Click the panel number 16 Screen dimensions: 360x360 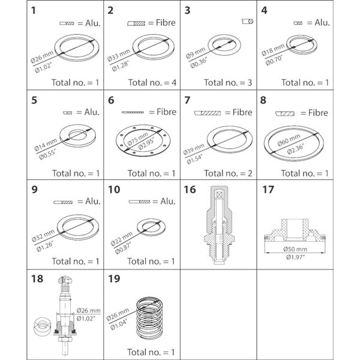click(x=190, y=190)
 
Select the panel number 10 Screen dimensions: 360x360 click(x=115, y=190)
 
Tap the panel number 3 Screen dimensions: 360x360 click(x=188, y=10)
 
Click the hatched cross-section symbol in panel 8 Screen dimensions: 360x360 click(x=285, y=112)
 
